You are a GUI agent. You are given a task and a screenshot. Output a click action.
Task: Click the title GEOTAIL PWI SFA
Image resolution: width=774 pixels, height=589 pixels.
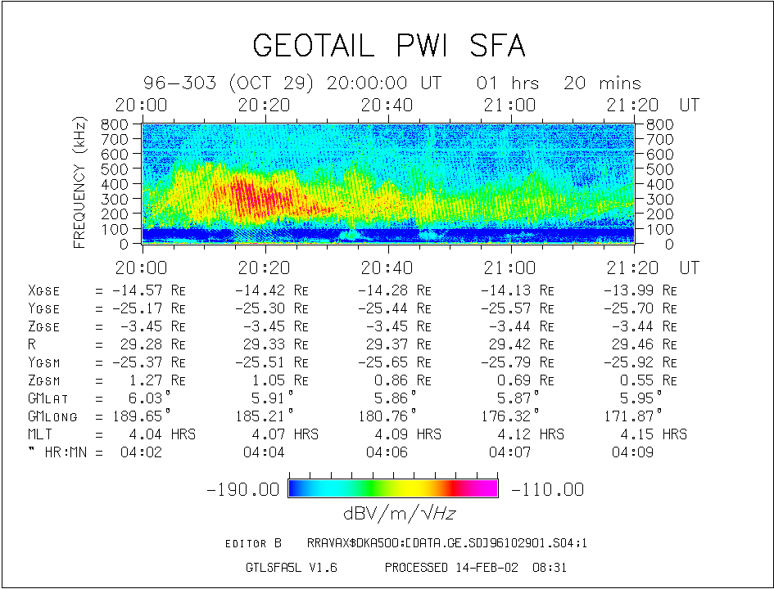pos(388,46)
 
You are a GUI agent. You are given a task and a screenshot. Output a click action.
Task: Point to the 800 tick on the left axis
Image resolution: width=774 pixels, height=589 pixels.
pos(115,124)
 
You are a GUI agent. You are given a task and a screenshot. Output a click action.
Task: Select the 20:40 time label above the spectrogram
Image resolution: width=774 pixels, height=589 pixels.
pos(387,106)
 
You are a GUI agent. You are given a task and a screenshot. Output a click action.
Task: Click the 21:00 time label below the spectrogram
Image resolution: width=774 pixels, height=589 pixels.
pos(509,268)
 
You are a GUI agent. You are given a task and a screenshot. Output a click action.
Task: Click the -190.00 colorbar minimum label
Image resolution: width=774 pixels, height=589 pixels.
pos(243,489)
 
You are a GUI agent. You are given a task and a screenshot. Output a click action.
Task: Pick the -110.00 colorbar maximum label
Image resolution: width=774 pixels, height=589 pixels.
pos(547,489)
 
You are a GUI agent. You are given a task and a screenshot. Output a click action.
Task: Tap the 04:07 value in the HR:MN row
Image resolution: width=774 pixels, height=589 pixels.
pos(509,452)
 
